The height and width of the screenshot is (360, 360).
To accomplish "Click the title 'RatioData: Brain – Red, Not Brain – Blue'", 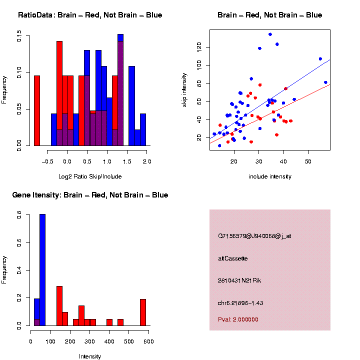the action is [90, 15].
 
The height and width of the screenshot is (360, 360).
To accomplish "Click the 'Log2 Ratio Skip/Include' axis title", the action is [90, 176].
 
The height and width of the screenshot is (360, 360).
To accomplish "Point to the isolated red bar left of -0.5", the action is [37, 110].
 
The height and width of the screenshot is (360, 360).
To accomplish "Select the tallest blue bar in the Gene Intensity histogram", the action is [42, 270].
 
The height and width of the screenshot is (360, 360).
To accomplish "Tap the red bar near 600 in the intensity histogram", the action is [143, 312].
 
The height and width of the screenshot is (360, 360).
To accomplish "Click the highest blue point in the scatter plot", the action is [270, 34].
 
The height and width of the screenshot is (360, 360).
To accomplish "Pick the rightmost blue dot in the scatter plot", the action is [325, 82].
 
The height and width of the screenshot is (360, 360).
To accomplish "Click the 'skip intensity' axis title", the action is [184, 90].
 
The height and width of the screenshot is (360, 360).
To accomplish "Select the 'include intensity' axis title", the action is [270, 176].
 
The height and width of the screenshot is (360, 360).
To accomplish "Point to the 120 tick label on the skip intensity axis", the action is [199, 47].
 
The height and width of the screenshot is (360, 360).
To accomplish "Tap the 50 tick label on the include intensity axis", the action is [308, 161].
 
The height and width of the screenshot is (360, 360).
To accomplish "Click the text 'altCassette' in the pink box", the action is [233, 258].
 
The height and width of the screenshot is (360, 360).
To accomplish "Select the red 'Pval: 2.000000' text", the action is [238, 319].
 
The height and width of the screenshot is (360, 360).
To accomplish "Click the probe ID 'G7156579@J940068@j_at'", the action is [254, 236].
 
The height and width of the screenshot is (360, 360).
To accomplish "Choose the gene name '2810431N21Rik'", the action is [239, 280].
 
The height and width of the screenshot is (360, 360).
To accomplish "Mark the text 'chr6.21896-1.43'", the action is [240, 303].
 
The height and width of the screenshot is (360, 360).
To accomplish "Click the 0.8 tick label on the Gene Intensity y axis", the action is [19, 215].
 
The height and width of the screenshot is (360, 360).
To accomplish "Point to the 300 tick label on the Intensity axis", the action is [89, 341].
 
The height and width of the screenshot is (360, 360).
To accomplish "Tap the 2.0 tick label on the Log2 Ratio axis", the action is [147, 161].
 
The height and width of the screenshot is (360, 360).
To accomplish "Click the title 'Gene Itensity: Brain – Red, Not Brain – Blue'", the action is [90, 195].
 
